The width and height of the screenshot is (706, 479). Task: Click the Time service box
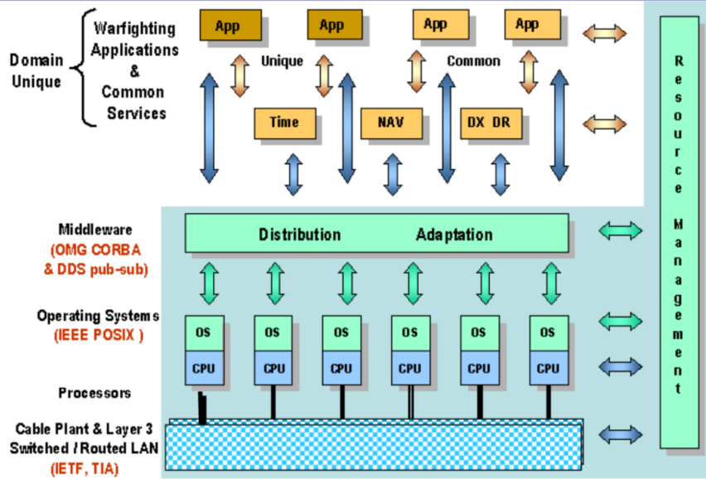pos(283,123)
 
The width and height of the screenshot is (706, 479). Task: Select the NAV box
pos(391,123)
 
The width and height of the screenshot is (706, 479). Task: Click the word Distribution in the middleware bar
pos(299,235)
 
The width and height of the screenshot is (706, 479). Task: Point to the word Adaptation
pos(454,235)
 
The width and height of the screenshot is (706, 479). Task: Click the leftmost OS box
pos(203,332)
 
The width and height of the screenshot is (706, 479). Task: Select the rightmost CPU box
pos(547,369)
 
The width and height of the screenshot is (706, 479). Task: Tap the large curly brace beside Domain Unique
pos(85,70)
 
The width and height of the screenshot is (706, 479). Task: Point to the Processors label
pos(94,393)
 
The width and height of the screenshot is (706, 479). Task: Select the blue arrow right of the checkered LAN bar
pos(620,433)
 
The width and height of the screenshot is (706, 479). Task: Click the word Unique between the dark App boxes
pos(282,61)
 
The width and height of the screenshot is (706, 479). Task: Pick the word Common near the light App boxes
pos(473,61)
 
